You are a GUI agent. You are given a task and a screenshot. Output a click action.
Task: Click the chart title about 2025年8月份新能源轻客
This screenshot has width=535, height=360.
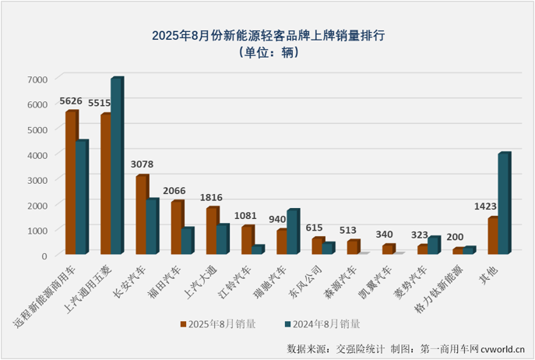(268, 36)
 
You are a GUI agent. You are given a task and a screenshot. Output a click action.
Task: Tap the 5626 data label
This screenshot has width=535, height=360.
(72, 101)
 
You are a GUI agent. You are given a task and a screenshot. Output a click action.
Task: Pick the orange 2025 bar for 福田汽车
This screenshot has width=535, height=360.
(176, 228)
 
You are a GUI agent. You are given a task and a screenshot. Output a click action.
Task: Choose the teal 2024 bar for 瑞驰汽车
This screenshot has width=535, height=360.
(293, 232)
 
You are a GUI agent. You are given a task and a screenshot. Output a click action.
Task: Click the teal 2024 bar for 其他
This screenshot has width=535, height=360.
(504, 203)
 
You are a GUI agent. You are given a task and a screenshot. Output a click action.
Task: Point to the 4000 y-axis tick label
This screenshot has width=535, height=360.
(37, 155)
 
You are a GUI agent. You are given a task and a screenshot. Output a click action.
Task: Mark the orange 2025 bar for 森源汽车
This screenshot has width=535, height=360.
(352, 247)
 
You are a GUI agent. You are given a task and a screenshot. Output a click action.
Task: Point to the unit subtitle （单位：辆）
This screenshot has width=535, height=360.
(268, 54)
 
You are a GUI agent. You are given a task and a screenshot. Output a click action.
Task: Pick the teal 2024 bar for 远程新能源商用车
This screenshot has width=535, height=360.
(82, 198)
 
